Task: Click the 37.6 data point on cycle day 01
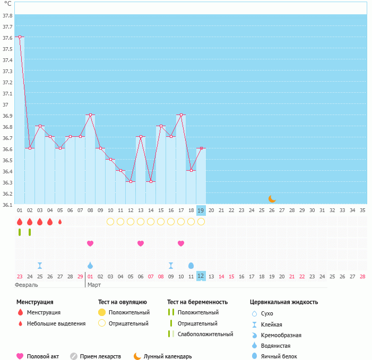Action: (20, 37)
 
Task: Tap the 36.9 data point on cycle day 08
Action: (90, 115)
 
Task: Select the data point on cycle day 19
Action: (201, 148)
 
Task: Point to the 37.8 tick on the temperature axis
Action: (7, 15)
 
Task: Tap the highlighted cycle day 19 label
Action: (201, 210)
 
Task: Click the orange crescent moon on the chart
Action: (272, 199)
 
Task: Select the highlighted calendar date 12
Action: (201, 276)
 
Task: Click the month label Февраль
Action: (27, 285)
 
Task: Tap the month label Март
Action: (94, 285)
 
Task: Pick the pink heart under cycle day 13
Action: (141, 243)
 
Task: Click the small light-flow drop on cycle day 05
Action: (60, 222)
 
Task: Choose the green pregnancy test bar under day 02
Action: (30, 232)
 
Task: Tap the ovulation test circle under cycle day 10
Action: (110, 222)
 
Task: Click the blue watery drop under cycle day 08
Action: (90, 265)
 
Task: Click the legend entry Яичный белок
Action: (279, 356)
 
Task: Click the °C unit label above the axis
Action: (7, 4)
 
